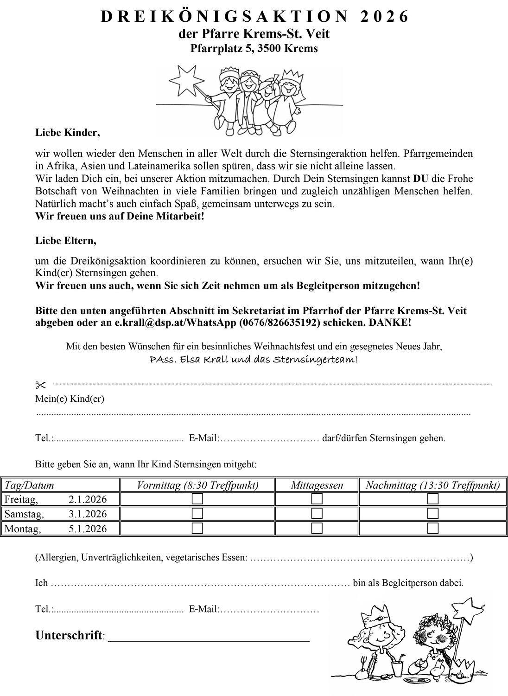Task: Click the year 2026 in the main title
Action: coord(384,17)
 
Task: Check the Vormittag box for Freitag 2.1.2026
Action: coord(197,499)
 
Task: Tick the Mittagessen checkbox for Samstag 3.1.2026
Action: coord(317,514)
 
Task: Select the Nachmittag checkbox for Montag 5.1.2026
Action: coord(433,528)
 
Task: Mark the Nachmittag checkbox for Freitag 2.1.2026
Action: coord(433,499)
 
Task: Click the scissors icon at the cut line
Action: coord(41,385)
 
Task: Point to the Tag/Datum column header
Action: coord(29,485)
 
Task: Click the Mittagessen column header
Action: coord(317,485)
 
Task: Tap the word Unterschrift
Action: coord(69,635)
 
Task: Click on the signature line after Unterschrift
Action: coord(209,639)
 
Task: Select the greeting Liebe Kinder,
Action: coord(68,133)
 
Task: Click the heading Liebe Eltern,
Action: coord(66,241)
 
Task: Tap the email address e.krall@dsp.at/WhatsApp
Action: coord(176,323)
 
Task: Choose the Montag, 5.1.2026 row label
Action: coord(56,528)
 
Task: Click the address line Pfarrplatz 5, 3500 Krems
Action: coord(254,48)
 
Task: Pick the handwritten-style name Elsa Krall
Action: coord(200,360)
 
